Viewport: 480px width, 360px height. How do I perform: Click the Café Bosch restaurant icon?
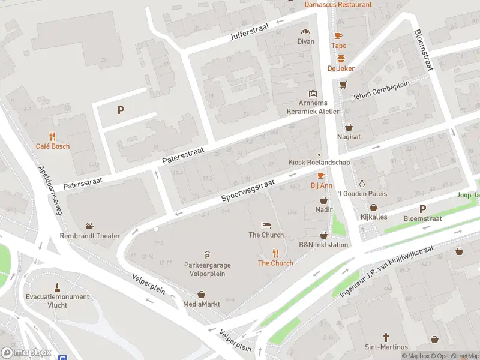[x=52, y=136]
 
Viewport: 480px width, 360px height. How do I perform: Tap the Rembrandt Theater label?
[x=89, y=236]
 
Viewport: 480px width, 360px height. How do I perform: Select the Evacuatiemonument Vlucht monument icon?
[x=58, y=287]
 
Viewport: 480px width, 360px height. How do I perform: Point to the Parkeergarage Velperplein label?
[x=207, y=269]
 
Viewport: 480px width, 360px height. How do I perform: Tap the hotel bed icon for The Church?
[x=266, y=225]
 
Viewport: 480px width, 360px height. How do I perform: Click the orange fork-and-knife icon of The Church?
[x=276, y=253]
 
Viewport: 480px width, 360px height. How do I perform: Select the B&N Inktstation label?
[x=323, y=245]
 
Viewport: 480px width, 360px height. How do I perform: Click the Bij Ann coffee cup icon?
[x=321, y=175]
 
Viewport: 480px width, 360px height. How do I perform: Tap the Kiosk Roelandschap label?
[x=319, y=162]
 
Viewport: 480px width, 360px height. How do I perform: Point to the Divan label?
[x=305, y=41]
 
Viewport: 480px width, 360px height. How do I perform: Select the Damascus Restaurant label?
[x=338, y=4]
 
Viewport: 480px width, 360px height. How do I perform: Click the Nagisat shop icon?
[x=349, y=127]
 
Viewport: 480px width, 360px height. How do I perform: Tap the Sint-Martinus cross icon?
[x=386, y=337]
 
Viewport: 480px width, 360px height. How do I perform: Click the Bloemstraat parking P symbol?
[x=422, y=209]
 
